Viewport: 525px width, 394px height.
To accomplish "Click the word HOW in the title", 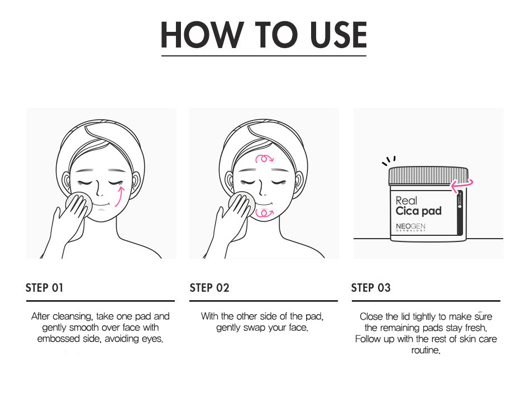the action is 202,35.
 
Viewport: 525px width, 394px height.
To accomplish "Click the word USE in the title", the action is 338,35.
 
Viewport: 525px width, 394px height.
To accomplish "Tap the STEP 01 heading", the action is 44,288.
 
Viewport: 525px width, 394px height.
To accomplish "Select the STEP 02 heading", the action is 209,288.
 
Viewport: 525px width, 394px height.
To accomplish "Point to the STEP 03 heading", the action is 371,288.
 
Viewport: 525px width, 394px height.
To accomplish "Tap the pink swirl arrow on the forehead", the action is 265,159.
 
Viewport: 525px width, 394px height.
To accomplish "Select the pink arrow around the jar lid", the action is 462,186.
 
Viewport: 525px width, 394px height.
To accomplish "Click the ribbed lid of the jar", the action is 428,175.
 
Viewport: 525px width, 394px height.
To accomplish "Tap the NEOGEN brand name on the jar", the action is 411,226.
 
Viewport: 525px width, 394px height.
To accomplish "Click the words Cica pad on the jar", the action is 418,211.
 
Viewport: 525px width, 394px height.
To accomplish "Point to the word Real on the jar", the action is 406,201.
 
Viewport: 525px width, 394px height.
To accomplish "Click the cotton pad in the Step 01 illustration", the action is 79,203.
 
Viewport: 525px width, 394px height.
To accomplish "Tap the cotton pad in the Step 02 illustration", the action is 242,203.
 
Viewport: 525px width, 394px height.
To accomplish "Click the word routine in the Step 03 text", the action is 425,350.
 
